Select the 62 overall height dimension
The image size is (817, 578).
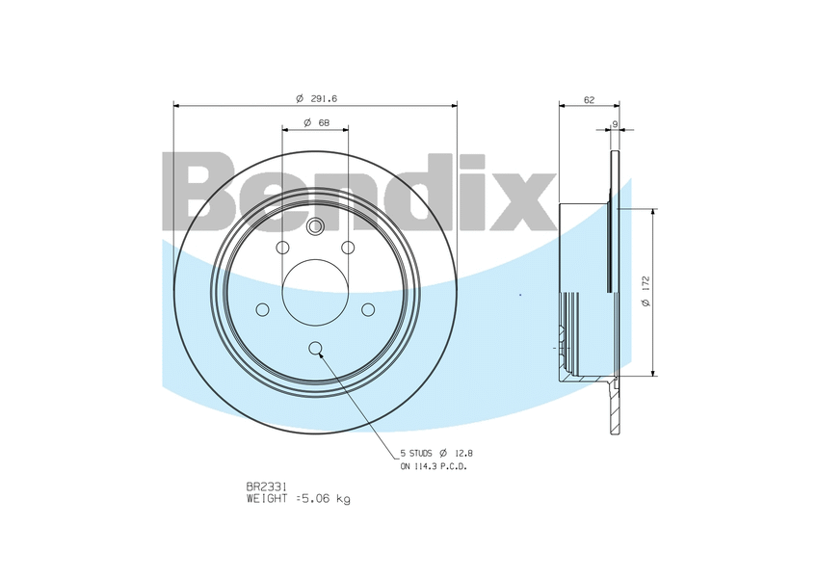589,99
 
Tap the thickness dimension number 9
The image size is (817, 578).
615,123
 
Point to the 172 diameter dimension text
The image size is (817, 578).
646,292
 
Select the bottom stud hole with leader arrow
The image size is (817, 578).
315,348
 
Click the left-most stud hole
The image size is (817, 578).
262,309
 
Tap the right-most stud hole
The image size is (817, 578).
367,309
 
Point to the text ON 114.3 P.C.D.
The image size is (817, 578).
434,466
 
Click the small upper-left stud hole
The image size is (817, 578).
282,249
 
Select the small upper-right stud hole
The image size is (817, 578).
347,249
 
